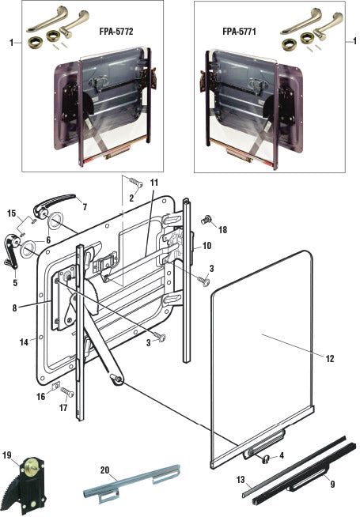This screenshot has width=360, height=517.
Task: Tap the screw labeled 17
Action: [66, 392]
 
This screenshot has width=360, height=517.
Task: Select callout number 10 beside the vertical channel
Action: [207, 246]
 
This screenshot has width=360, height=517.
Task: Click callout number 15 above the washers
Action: [10, 213]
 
